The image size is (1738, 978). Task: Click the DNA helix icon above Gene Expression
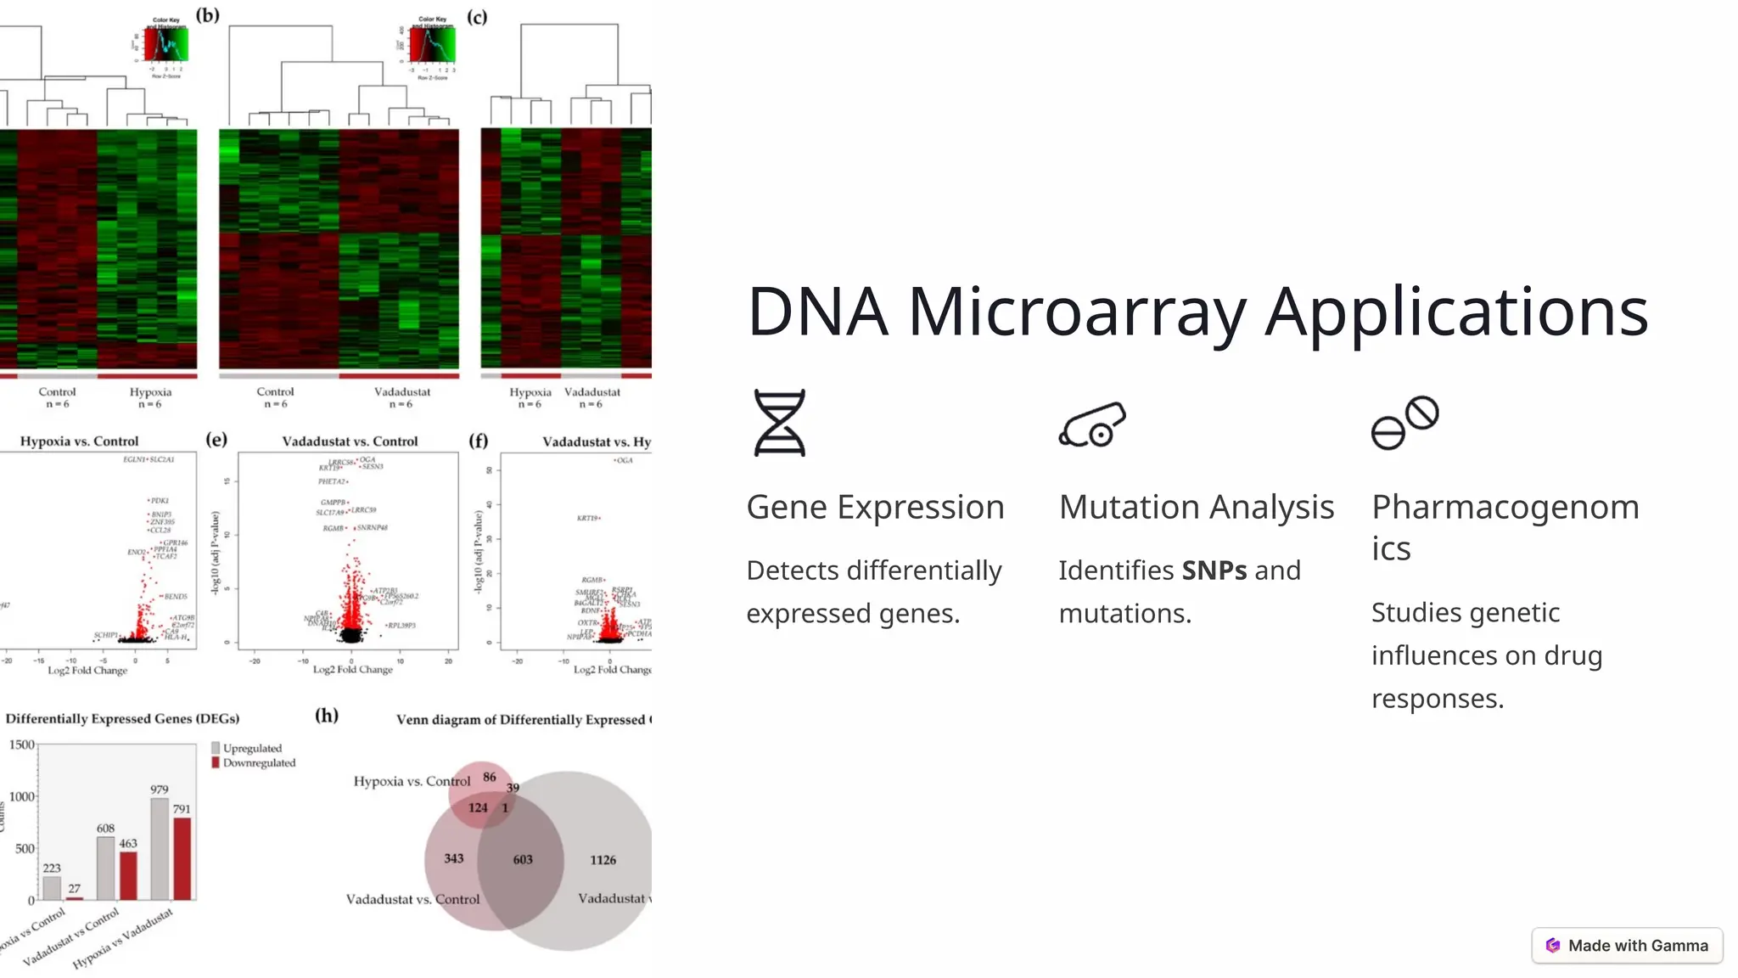[779, 423]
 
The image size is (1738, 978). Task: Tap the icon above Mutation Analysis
[1092, 424]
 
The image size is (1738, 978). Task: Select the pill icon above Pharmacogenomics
[1404, 423]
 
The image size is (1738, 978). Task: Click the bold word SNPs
[1214, 570]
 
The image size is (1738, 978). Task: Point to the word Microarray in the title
[1077, 312]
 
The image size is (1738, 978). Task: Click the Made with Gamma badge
[1627, 946]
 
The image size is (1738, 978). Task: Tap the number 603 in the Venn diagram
[523, 860]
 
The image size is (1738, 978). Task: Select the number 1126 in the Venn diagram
[603, 860]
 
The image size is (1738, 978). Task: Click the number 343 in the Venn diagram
[454, 858]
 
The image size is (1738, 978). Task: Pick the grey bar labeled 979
[160, 849]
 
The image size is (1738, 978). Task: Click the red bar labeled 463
[128, 875]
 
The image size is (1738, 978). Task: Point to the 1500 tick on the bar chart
[22, 745]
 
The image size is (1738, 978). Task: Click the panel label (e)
[216, 439]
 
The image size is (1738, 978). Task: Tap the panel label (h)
[327, 715]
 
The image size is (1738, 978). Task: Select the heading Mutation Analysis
[1197, 507]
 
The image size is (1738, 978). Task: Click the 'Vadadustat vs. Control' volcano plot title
[350, 441]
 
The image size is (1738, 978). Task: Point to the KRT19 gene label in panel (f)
[587, 518]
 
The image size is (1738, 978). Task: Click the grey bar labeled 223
[52, 888]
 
